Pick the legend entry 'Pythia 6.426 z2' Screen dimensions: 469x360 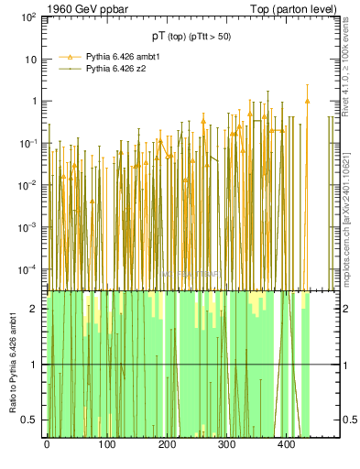click(x=116, y=68)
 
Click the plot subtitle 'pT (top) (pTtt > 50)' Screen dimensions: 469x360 click(x=191, y=36)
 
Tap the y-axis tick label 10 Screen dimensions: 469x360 click(x=30, y=60)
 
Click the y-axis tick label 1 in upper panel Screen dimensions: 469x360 click(x=34, y=102)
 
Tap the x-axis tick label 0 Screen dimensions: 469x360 click(x=47, y=445)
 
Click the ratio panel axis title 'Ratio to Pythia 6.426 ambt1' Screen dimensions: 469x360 click(x=13, y=363)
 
